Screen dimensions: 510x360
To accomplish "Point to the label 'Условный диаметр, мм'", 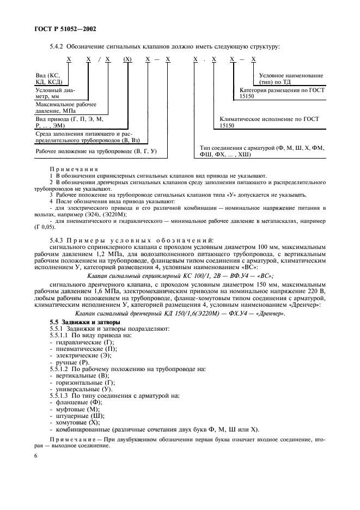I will [54, 93].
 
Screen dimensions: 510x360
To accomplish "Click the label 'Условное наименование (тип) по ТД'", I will [290, 78].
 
